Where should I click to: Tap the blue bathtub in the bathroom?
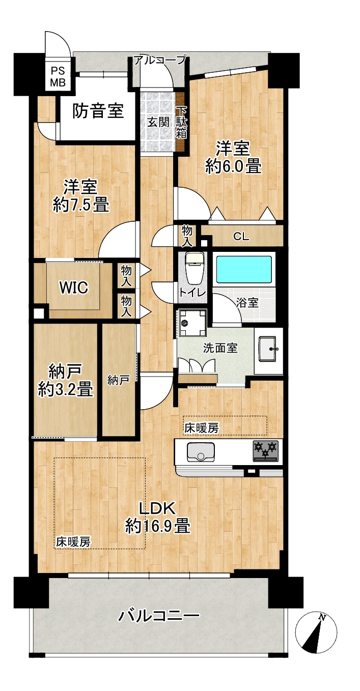point(244,269)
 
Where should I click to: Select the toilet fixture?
point(194,268)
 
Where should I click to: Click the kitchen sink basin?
point(201,452)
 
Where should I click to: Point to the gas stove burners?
point(265,451)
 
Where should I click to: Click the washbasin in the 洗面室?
point(268,349)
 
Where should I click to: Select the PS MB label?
point(58,76)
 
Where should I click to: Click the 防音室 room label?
point(98,111)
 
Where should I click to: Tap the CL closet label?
point(241,237)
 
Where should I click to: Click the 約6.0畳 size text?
point(234,167)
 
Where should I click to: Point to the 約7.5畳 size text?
point(81,205)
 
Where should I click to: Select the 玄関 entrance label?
point(158,123)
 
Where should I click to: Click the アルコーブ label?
point(160,59)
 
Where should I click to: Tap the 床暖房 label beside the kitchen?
point(202,428)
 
